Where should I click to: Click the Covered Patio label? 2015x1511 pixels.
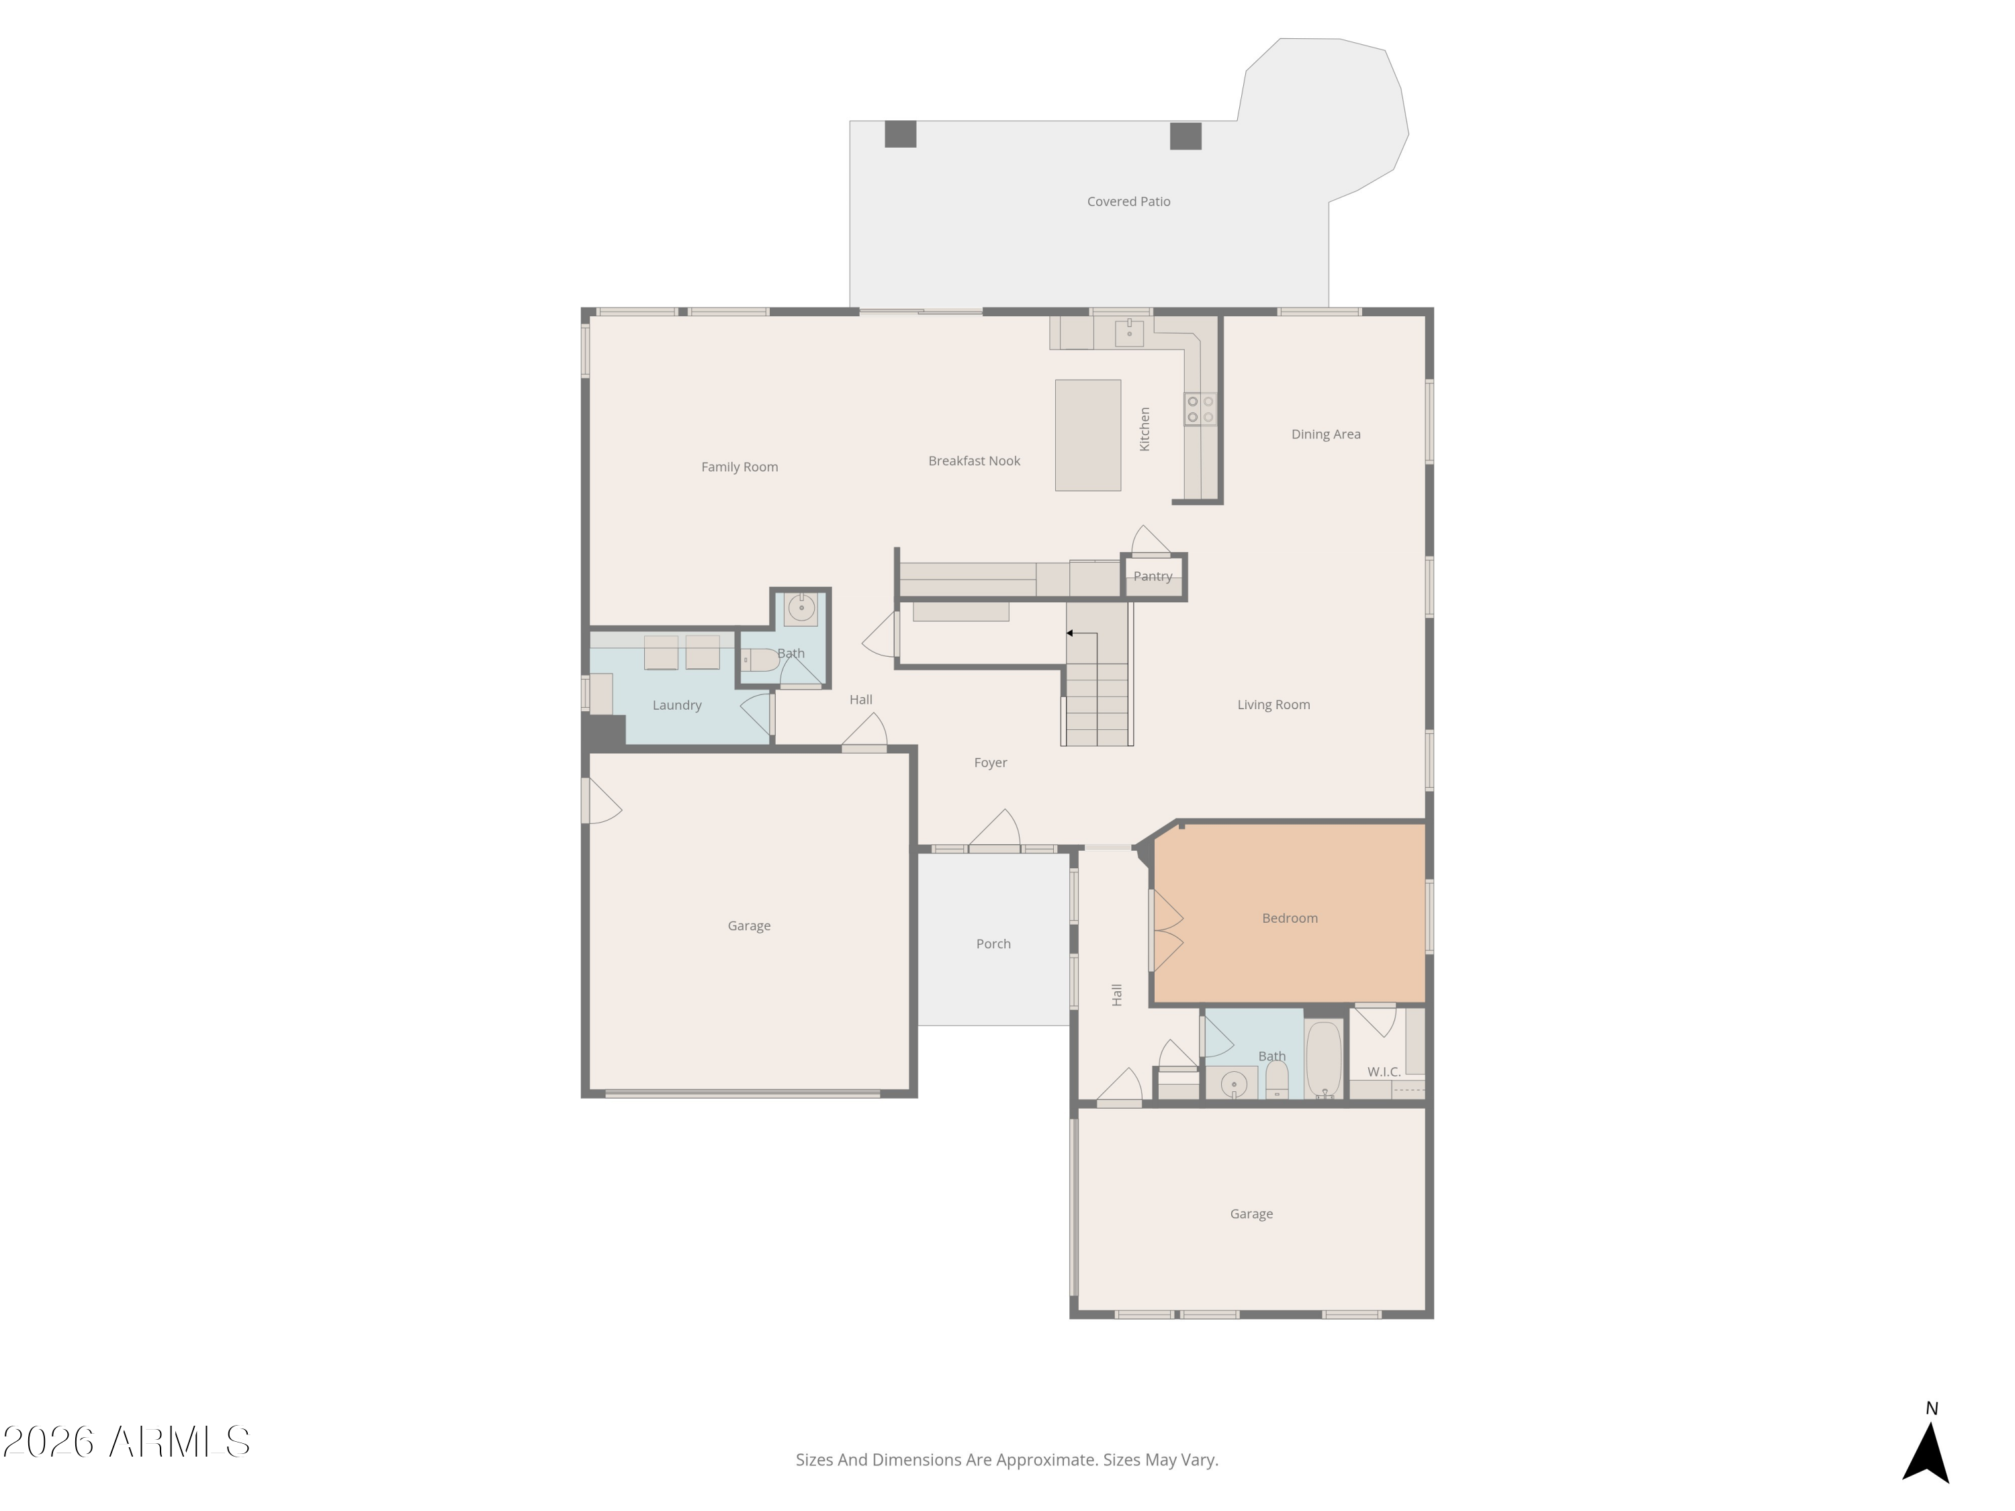[x=1128, y=201]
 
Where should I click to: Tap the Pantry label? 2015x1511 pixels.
[x=1153, y=576]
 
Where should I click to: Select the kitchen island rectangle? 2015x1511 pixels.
[x=1087, y=435]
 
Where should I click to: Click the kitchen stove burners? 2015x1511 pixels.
[x=1200, y=409]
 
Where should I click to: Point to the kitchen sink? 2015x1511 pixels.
[x=1128, y=332]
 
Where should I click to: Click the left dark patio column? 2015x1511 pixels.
[x=900, y=134]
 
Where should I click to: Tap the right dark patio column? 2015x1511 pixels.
[x=1185, y=136]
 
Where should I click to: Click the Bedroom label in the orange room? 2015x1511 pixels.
[x=1289, y=918]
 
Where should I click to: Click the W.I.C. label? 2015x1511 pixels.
[x=1383, y=1072]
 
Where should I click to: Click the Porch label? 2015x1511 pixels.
[x=993, y=944]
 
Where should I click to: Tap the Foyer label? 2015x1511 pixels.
[x=990, y=762]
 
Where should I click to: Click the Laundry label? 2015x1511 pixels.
[x=677, y=705]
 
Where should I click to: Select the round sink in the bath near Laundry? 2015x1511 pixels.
[x=801, y=608]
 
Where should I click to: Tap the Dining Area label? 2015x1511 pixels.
[x=1325, y=434]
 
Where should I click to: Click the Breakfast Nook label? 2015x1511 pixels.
[x=974, y=461]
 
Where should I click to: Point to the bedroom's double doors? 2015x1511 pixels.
[x=1166, y=930]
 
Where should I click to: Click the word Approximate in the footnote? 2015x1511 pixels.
[x=1046, y=1460]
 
